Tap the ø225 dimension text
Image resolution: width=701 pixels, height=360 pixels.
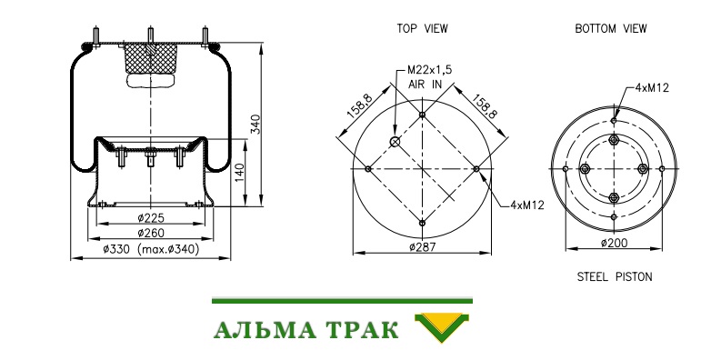pyautogui.click(x=151, y=218)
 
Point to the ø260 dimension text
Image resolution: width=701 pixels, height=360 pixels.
pyautogui.click(x=151, y=233)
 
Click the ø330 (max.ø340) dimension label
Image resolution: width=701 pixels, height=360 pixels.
pyautogui.click(x=151, y=249)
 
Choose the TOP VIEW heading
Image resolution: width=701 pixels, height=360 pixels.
pyautogui.click(x=423, y=28)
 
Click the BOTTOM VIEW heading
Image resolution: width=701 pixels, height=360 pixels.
pyautogui.click(x=611, y=28)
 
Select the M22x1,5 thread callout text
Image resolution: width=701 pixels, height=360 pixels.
pyautogui.click(x=430, y=70)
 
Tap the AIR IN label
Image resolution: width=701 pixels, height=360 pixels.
pyautogui.click(x=425, y=85)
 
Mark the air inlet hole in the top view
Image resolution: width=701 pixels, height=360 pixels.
pyautogui.click(x=395, y=142)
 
